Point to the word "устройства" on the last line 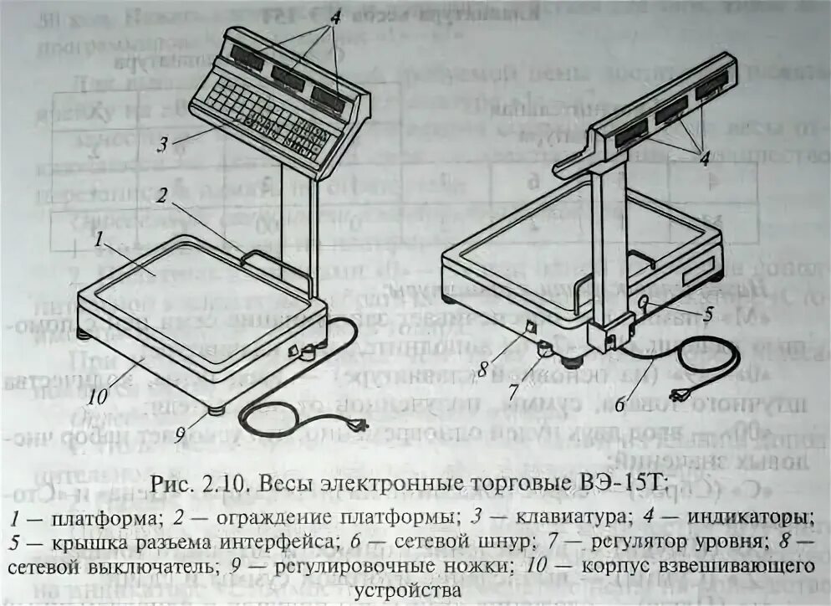pyautogui.click(x=407, y=589)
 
